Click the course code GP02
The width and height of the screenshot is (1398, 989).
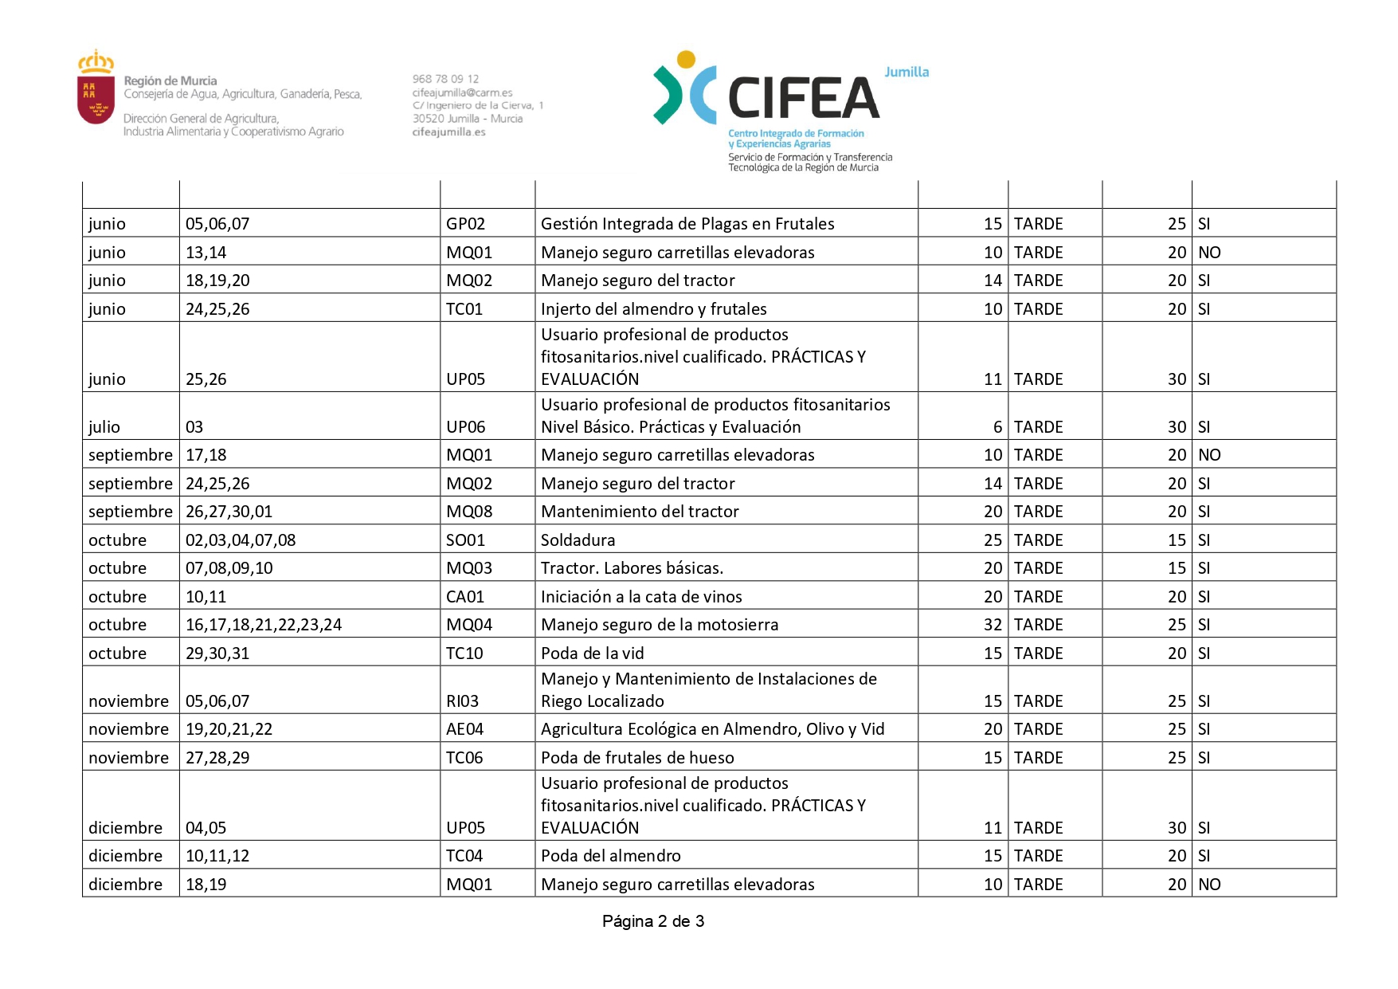point(465,224)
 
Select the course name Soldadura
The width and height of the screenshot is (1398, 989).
point(578,540)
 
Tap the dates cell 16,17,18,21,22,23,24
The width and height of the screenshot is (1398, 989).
point(264,625)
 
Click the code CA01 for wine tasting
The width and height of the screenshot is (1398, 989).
point(465,597)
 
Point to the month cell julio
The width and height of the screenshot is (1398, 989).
point(104,427)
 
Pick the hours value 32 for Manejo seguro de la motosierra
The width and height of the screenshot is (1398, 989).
point(993,625)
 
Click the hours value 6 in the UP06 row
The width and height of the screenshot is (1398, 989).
point(997,427)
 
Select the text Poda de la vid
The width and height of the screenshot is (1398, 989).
point(592,653)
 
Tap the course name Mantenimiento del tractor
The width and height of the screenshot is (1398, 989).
point(640,512)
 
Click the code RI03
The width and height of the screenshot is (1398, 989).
point(462,701)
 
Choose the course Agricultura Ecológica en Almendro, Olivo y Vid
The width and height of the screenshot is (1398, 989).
point(712,729)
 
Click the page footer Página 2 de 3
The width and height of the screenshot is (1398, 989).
point(653,921)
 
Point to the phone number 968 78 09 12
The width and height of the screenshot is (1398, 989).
point(445,79)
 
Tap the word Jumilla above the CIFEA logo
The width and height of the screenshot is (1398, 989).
point(907,72)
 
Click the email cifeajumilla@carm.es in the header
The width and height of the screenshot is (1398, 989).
point(462,92)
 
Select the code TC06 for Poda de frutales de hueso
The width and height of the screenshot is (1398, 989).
point(464,758)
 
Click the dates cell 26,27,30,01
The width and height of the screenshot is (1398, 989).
point(229,512)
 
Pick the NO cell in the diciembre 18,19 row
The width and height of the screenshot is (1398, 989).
point(1209,885)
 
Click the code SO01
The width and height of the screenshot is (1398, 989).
point(465,540)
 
